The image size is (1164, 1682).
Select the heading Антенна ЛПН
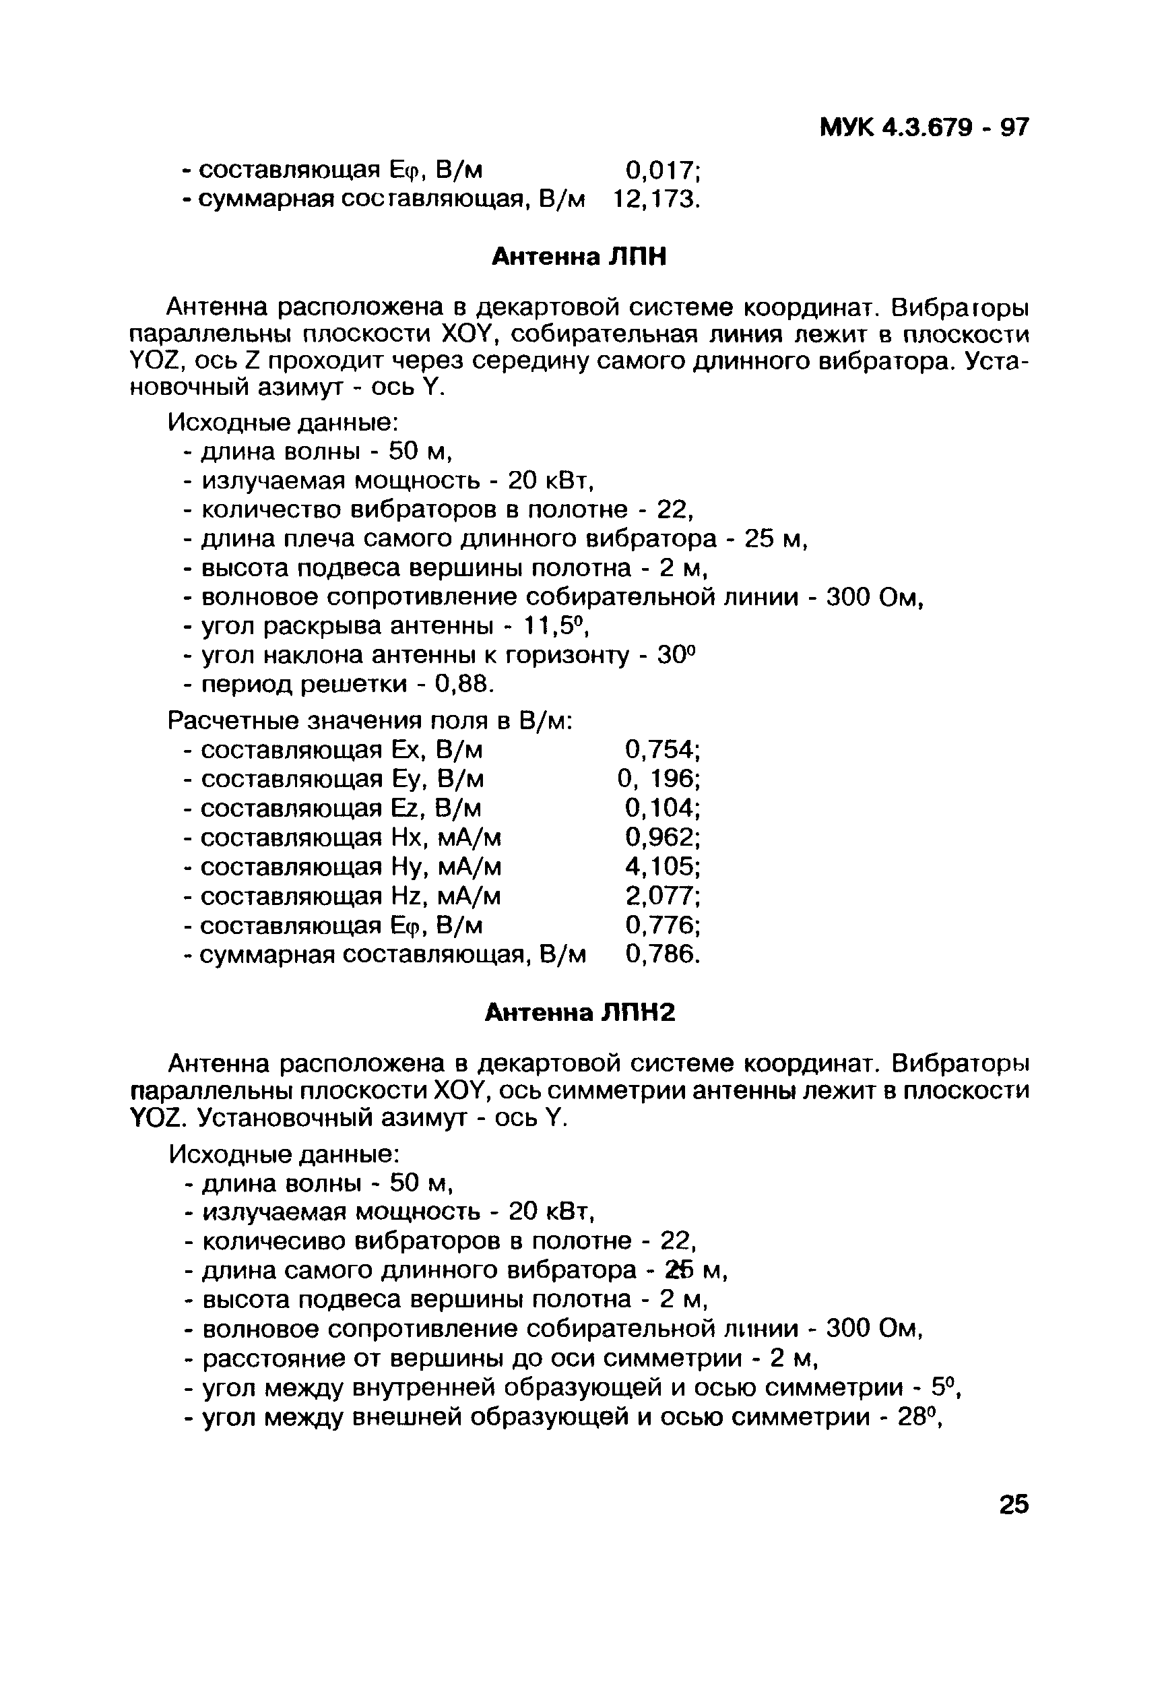pos(579,257)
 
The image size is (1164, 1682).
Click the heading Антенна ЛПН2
pos(581,1012)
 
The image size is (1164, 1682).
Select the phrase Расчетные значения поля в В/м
pos(370,720)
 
